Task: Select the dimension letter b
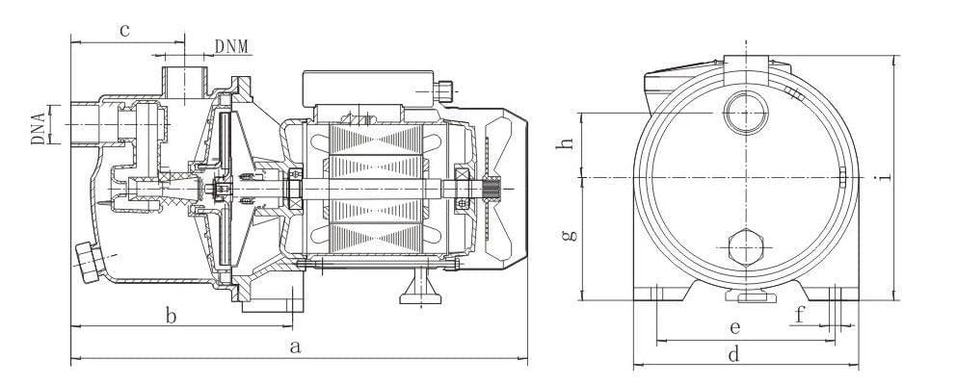[x=171, y=315]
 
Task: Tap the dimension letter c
[x=124, y=30]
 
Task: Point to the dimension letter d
[x=733, y=354]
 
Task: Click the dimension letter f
[x=799, y=314]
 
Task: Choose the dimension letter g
[x=570, y=234]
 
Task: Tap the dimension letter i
[x=883, y=177]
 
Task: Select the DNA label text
[x=38, y=126]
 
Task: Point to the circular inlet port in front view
[x=745, y=113]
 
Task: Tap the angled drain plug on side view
[x=89, y=259]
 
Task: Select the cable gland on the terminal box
[x=445, y=92]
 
